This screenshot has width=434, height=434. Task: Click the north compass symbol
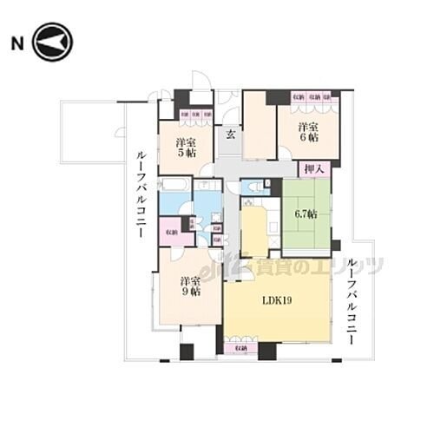click(55, 43)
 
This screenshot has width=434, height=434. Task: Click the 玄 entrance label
click(231, 135)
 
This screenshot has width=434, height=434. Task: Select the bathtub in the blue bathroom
click(176, 186)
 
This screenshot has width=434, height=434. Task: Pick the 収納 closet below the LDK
click(235, 348)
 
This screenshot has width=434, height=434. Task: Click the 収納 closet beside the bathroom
click(170, 232)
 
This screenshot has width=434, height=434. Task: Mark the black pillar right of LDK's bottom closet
click(266, 351)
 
